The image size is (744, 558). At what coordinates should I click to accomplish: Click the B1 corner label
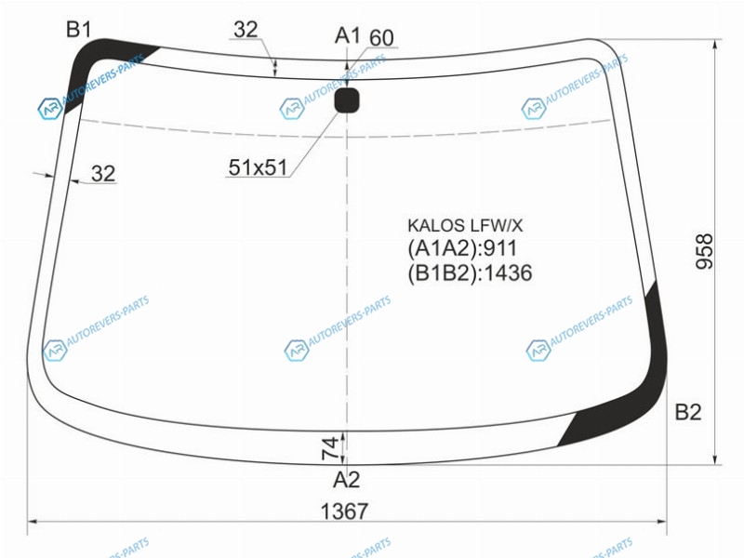coord(79,30)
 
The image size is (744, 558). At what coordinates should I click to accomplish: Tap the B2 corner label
coord(687,412)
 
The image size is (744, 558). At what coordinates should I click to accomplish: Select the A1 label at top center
coord(347,35)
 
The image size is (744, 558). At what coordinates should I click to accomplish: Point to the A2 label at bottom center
coord(346,480)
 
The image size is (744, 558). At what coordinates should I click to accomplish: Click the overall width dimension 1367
coord(344,511)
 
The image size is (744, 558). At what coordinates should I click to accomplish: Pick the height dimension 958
coord(704,251)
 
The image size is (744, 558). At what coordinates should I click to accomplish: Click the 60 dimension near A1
coord(381,38)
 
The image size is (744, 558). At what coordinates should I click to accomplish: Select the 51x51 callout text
coord(259,167)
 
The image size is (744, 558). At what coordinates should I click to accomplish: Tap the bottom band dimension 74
coord(331,448)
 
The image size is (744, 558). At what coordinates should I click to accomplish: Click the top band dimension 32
coord(246,30)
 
